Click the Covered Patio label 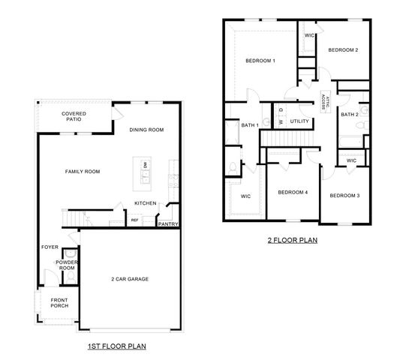point(74,116)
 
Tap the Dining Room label point(146,130)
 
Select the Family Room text point(82,172)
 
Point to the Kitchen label point(146,203)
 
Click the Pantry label point(167,223)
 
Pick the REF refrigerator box point(135,220)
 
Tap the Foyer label point(50,247)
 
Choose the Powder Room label point(67,265)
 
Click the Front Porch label point(59,302)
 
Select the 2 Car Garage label point(130,279)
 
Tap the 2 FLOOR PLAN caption point(293,241)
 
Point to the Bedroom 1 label point(260,60)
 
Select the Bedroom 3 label point(344,196)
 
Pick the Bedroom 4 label point(293,192)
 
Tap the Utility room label point(299,121)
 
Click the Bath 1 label point(249,124)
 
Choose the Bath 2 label point(350,115)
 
